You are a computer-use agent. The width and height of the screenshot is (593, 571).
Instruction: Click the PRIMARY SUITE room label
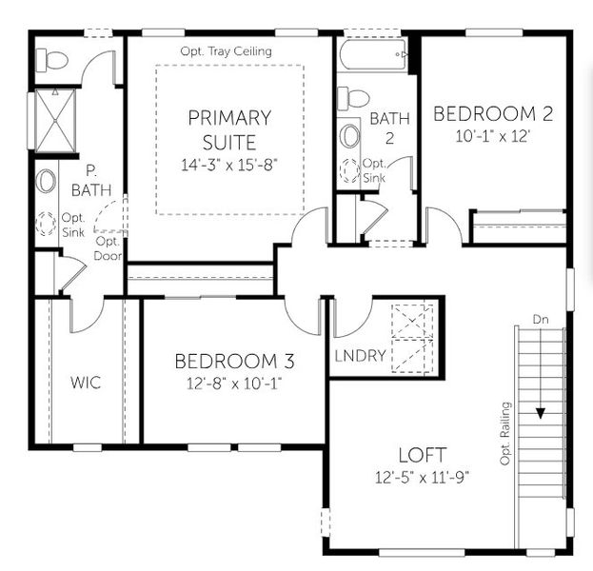(x=228, y=130)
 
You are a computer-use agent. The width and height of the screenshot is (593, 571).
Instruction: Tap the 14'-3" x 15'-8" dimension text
(x=228, y=165)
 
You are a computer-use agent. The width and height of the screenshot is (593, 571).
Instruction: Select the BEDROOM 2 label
(x=493, y=114)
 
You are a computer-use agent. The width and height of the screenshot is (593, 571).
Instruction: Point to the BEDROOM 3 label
(x=234, y=362)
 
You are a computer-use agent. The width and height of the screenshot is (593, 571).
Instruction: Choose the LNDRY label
(x=361, y=356)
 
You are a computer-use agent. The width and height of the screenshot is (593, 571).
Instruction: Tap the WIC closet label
(x=86, y=383)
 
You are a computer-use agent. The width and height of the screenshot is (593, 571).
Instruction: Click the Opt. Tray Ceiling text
(x=226, y=50)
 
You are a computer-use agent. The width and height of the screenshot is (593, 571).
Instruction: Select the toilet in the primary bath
(x=53, y=60)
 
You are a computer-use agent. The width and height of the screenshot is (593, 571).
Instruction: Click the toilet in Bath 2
(x=354, y=98)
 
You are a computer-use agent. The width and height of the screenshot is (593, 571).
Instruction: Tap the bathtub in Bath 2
(x=375, y=55)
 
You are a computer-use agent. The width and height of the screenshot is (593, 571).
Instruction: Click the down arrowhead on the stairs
(x=540, y=413)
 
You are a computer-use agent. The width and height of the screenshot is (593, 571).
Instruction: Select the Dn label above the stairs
(x=541, y=319)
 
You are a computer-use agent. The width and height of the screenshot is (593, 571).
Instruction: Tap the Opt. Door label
(x=107, y=247)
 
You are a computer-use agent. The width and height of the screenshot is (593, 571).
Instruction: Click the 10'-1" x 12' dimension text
(x=493, y=136)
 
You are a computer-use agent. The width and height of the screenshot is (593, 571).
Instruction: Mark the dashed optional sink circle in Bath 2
(x=349, y=170)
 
